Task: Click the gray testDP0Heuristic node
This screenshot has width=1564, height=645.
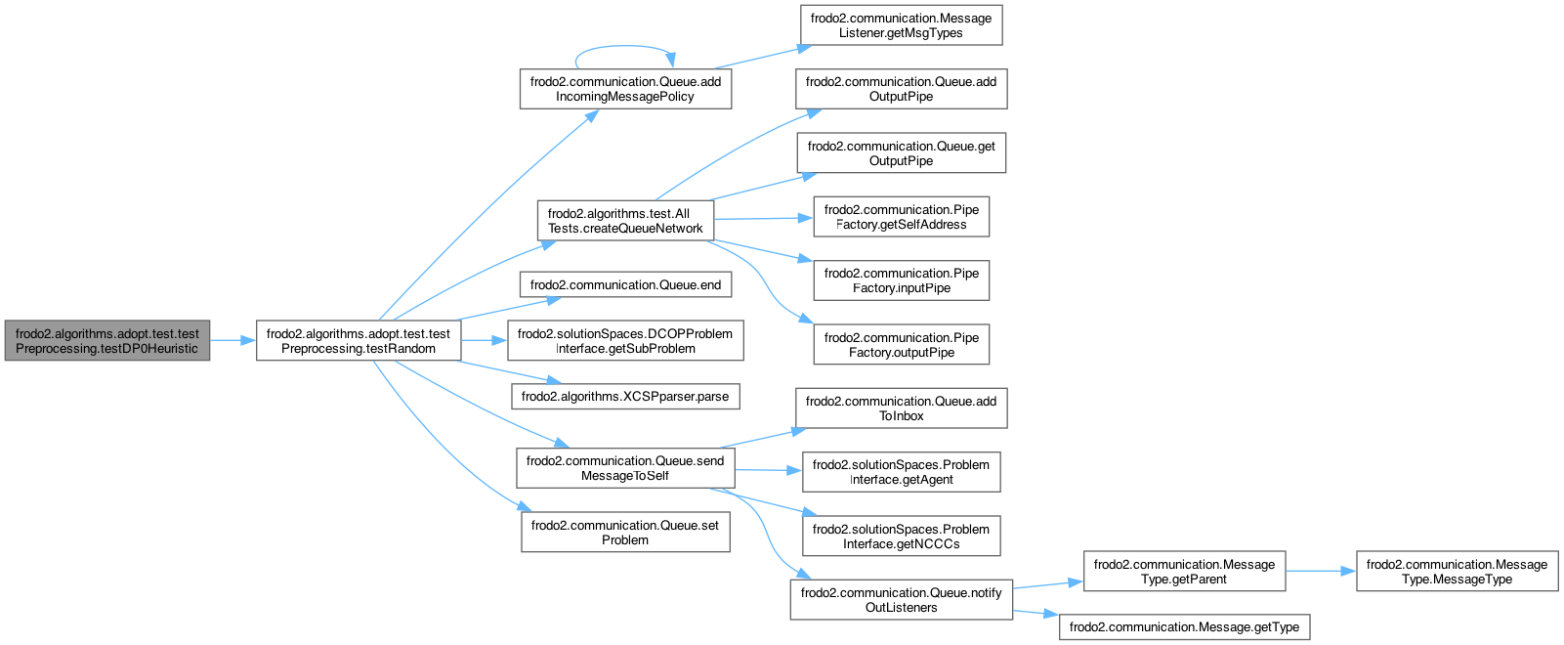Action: [x=106, y=341]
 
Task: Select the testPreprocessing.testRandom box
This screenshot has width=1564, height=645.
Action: [x=358, y=341]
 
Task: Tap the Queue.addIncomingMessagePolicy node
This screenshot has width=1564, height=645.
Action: [x=625, y=89]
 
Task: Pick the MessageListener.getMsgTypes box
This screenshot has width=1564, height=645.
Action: [x=901, y=25]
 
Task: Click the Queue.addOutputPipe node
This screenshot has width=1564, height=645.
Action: [x=901, y=89]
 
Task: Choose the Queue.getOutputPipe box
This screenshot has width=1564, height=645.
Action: [x=901, y=153]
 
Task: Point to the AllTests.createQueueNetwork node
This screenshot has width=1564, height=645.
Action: [x=625, y=221]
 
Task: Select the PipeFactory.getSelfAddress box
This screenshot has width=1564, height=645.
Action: [x=901, y=217]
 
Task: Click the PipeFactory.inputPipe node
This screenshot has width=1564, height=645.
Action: [x=901, y=280]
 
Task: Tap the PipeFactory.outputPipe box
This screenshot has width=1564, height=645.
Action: [x=901, y=345]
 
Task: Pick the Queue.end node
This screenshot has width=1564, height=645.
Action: [x=625, y=285]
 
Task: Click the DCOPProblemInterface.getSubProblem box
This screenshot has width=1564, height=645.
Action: [x=625, y=341]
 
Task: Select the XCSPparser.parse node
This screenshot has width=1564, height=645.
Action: [x=625, y=397]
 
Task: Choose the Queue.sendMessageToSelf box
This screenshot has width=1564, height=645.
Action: [x=625, y=468]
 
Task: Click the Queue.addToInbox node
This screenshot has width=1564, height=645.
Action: [x=901, y=408]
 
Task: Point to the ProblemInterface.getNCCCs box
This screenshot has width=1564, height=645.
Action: [x=901, y=537]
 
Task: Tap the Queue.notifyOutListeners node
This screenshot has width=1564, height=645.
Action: [x=901, y=600]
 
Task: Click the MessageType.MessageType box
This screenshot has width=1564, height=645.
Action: [x=1457, y=572]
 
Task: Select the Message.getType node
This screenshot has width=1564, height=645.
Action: [x=1184, y=627]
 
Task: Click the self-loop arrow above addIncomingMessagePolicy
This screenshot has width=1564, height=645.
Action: [x=625, y=46]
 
